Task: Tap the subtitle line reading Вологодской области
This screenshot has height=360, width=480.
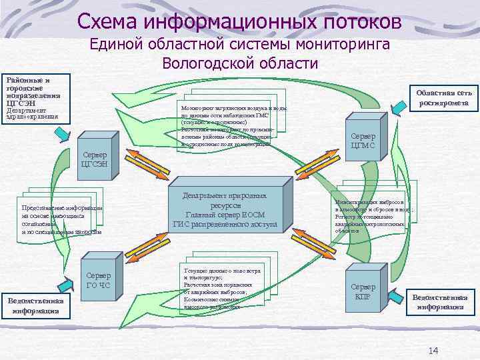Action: [x=240, y=64]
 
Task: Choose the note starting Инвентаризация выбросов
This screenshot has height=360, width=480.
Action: [x=373, y=212]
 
